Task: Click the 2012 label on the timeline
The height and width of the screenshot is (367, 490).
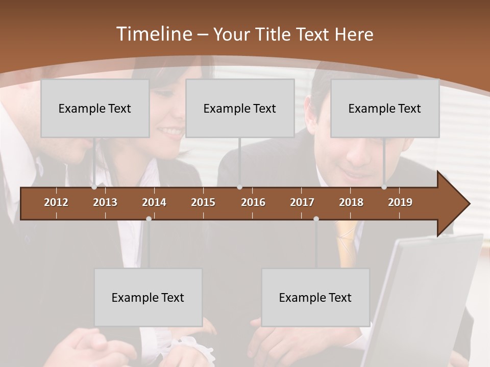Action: click(56, 202)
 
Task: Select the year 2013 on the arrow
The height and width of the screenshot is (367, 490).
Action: click(105, 202)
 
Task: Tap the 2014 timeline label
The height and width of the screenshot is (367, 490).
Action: click(154, 202)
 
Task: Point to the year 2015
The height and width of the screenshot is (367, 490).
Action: click(203, 202)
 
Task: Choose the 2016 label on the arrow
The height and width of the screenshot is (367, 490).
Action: click(253, 202)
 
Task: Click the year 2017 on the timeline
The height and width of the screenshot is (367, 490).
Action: click(302, 202)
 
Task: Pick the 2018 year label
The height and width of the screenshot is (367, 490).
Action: click(351, 202)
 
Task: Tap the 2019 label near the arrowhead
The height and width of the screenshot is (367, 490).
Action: click(400, 202)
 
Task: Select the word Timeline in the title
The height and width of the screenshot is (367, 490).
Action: click(153, 34)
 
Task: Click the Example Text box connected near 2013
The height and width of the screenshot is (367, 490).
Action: click(95, 108)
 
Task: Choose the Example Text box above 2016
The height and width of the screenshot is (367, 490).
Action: click(240, 108)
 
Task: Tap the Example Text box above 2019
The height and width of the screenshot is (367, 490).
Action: click(385, 108)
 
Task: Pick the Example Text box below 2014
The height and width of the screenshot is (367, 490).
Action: click(148, 297)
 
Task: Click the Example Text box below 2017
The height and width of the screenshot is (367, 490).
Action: click(315, 297)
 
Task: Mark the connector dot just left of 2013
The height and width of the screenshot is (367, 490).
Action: click(94, 187)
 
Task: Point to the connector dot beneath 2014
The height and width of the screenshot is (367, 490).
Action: click(149, 219)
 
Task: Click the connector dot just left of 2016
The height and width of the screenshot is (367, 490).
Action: click(239, 187)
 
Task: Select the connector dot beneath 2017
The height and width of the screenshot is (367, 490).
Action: click(316, 219)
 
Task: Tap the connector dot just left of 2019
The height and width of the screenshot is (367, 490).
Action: click(384, 187)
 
